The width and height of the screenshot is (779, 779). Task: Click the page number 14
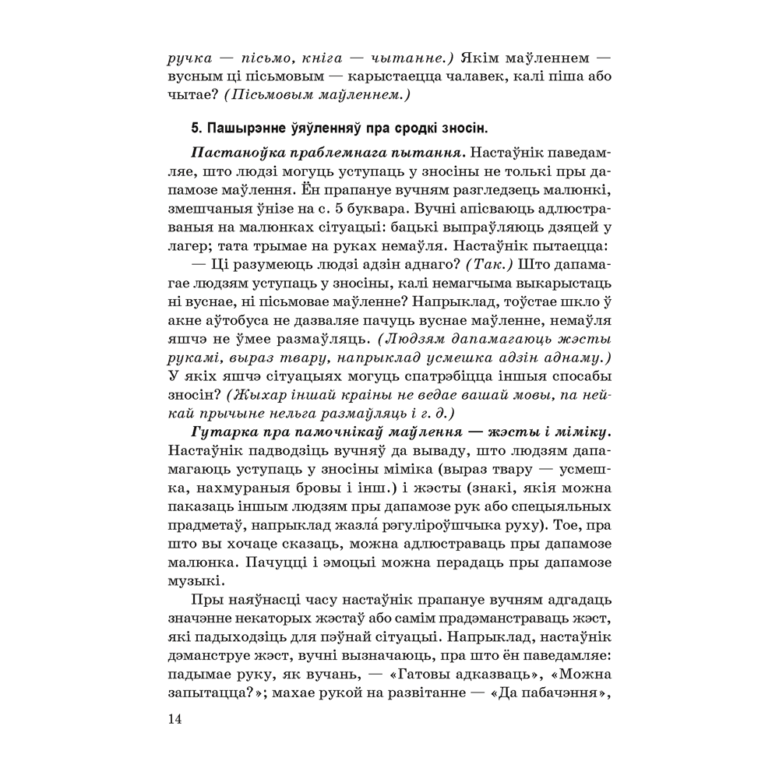click(x=174, y=719)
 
